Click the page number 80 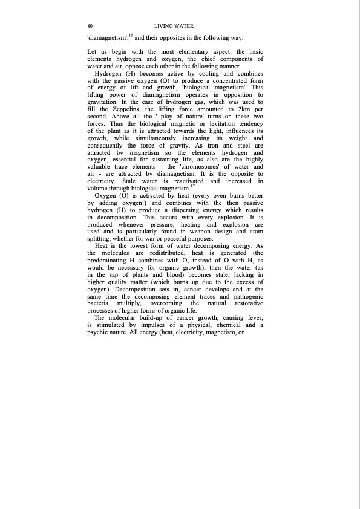(x=90, y=26)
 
